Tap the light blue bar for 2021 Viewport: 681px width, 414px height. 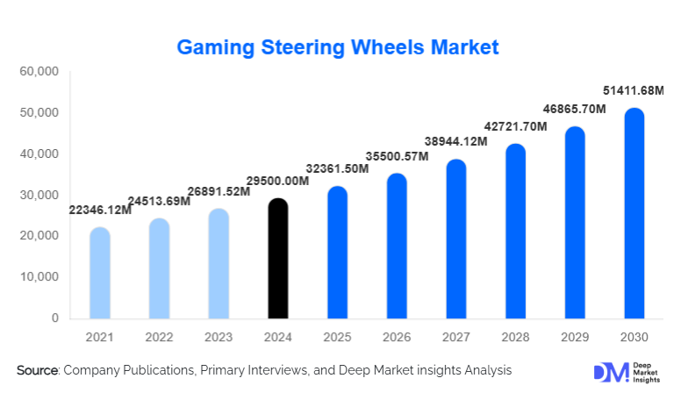(x=100, y=273)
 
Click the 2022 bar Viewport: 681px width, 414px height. (x=160, y=268)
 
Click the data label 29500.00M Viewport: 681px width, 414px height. (x=277, y=181)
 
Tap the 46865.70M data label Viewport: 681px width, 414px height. (x=574, y=110)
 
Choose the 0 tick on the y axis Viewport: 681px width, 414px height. (x=54, y=318)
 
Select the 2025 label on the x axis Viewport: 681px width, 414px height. (x=337, y=337)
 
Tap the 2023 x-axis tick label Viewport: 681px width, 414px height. (x=219, y=337)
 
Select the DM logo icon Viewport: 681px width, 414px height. (x=606, y=372)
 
